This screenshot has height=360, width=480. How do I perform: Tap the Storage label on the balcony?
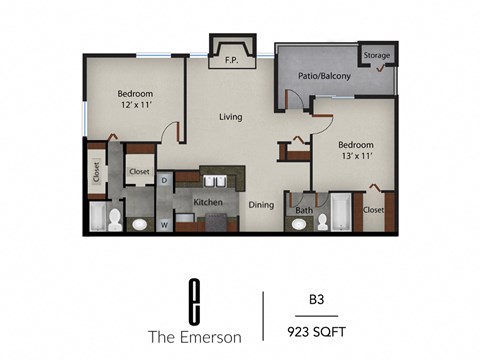pyautogui.click(x=376, y=55)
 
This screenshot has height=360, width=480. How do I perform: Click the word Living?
pyautogui.click(x=232, y=117)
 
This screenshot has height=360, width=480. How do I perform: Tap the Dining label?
pyautogui.click(x=261, y=204)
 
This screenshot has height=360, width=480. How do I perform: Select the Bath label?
pyautogui.click(x=304, y=210)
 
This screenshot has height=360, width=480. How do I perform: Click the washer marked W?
pyautogui.click(x=164, y=223)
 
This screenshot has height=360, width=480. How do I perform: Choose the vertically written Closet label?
pyautogui.click(x=96, y=174)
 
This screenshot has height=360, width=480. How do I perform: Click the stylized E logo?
pyautogui.click(x=193, y=297)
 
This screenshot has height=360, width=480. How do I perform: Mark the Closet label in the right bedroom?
pyautogui.click(x=373, y=210)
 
